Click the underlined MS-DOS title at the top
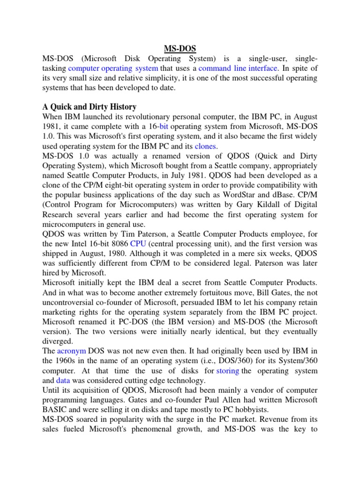[180, 48]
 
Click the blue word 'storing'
[227, 370]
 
